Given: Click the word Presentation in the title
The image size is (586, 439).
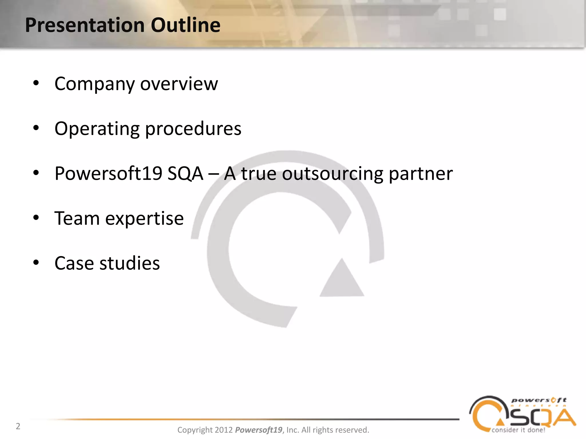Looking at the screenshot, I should (85, 25).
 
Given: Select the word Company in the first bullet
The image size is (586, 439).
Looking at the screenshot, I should (94, 84).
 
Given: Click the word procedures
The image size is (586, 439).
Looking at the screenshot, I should (193, 129).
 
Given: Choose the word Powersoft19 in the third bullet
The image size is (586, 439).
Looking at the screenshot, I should (108, 173).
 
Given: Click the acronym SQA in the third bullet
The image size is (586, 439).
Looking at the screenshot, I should (185, 173).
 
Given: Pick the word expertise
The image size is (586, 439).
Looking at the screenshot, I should (144, 219).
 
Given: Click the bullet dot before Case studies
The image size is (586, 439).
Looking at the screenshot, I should (36, 263).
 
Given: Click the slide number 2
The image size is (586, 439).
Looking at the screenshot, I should (18, 426).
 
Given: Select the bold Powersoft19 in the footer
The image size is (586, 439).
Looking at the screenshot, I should (259, 430).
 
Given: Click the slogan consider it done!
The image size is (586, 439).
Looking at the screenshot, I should (518, 430).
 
